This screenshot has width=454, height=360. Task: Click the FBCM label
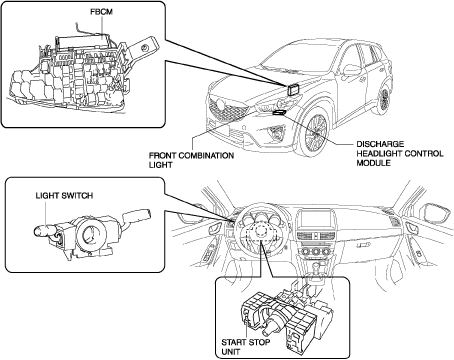pyautogui.click(x=102, y=12)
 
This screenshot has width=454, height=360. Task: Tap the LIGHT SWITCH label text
pyautogui.click(x=64, y=196)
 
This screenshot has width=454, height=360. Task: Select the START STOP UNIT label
pyautogui.click(x=246, y=347)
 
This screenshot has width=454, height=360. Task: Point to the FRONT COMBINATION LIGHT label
pyautogui.click(x=191, y=160)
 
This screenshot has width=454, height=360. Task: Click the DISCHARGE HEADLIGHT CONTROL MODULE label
pyautogui.click(x=400, y=154)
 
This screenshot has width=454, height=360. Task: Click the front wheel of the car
pyautogui.click(x=315, y=133)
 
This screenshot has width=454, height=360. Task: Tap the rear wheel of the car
pyautogui.click(x=385, y=98)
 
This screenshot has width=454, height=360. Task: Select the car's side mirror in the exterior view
pyautogui.click(x=352, y=70)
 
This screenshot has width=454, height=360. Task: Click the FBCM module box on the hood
pyautogui.click(x=292, y=90)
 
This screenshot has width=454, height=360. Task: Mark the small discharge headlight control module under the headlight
pyautogui.click(x=279, y=112)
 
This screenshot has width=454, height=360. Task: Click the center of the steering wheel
pyautogui.click(x=260, y=232)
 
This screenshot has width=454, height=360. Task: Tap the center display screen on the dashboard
pyautogui.click(x=314, y=220)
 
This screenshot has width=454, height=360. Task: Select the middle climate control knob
pyautogui.click(x=314, y=252)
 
